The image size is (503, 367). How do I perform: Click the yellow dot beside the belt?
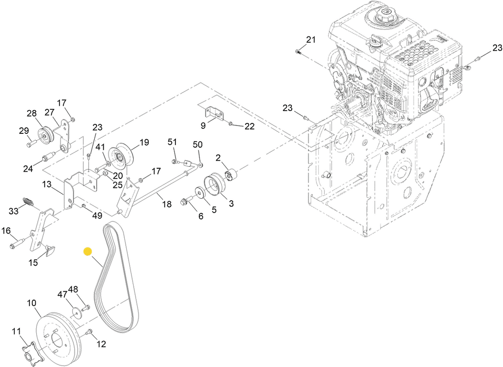click(88, 251)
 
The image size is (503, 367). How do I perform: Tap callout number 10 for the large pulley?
click(31, 304)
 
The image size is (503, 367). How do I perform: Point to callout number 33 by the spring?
click(14, 211)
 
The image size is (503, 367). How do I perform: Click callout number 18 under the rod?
click(167, 204)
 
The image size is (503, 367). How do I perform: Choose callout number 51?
click(172, 142)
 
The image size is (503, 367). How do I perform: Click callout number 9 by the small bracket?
click(203, 125)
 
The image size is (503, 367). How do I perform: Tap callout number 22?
click(250, 126)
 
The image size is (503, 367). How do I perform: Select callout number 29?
click(24, 130)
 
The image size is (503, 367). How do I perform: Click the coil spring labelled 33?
click(29, 202)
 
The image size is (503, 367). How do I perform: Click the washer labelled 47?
click(77, 313)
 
